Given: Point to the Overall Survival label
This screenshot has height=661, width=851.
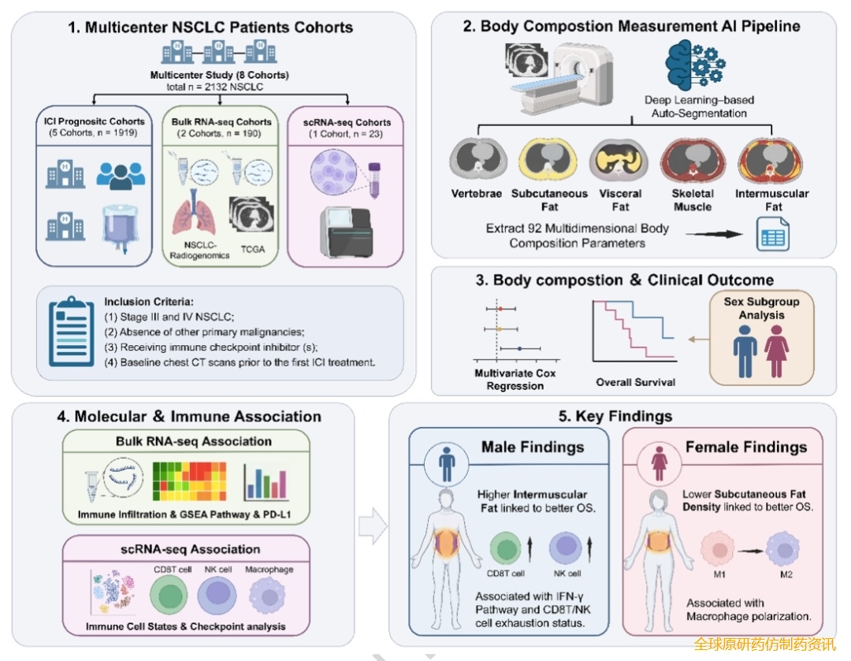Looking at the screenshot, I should click(636, 382).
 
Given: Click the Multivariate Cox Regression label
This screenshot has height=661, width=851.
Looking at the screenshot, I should click(515, 379).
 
